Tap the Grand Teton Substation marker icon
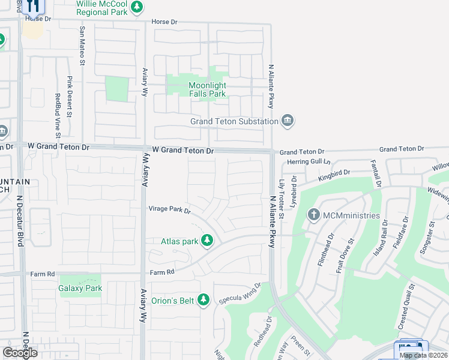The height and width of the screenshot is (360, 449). click(x=288, y=121)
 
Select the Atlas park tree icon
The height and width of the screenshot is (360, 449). click(x=207, y=241)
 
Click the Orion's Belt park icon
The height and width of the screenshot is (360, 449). click(x=204, y=299)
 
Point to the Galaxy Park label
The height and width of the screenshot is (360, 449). click(x=80, y=288)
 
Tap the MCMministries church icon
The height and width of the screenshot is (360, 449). click(x=313, y=215)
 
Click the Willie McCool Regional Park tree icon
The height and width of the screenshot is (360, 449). click(x=137, y=7)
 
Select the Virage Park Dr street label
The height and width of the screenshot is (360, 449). click(x=170, y=210)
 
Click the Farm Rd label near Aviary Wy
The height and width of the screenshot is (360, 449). click(x=162, y=272)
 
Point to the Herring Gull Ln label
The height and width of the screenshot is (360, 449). click(x=309, y=162)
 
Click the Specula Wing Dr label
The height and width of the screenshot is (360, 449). click(x=240, y=293)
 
